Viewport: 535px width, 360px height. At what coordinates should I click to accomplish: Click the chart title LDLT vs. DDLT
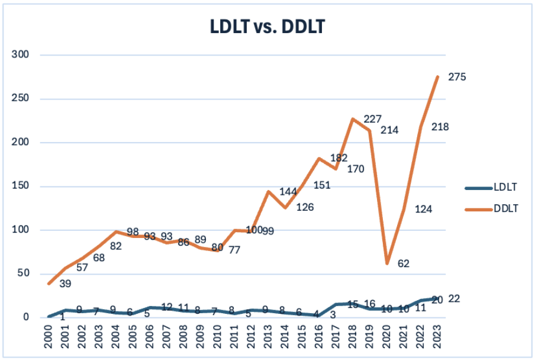click(x=267, y=27)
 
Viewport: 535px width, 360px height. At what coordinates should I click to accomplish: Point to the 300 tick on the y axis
click(x=21, y=55)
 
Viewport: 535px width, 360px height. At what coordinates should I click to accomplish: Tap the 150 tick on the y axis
click(x=21, y=187)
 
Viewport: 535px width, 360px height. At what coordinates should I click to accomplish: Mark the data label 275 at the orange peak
click(x=457, y=76)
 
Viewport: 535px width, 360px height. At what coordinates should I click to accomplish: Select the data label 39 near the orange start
click(x=66, y=284)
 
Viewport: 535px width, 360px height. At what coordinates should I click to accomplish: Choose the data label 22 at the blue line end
click(x=454, y=298)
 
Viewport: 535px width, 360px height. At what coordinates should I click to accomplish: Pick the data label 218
click(x=440, y=127)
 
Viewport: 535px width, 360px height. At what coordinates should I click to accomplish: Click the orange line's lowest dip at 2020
click(x=387, y=263)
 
